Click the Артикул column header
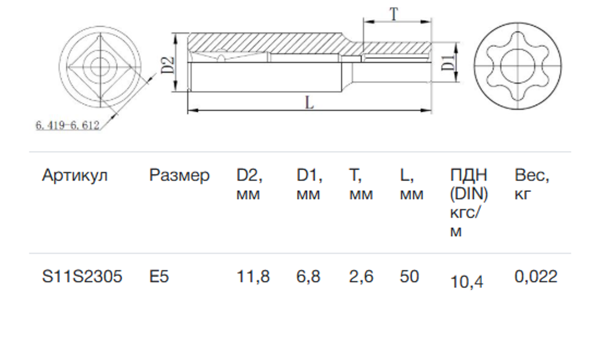click(75, 175)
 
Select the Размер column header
click(179, 175)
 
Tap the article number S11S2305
click(82, 277)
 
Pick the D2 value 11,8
click(253, 277)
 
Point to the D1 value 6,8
click(308, 277)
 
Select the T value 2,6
click(361, 277)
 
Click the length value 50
click(409, 277)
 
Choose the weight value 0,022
click(536, 277)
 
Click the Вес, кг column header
click(532, 184)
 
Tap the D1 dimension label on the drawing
click(447, 63)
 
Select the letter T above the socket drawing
click(394, 14)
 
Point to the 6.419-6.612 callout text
click(68, 126)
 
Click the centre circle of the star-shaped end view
click(517, 66)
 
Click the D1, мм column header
click(309, 184)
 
